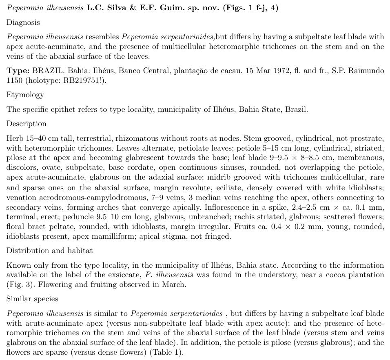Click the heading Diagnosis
23,22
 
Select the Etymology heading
25,95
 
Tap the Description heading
26,124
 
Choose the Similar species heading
32,299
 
